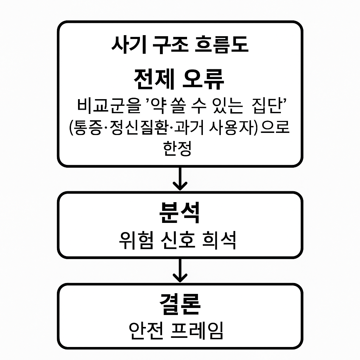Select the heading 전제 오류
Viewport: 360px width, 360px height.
[x=179, y=79]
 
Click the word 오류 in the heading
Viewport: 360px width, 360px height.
[x=204, y=79]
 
